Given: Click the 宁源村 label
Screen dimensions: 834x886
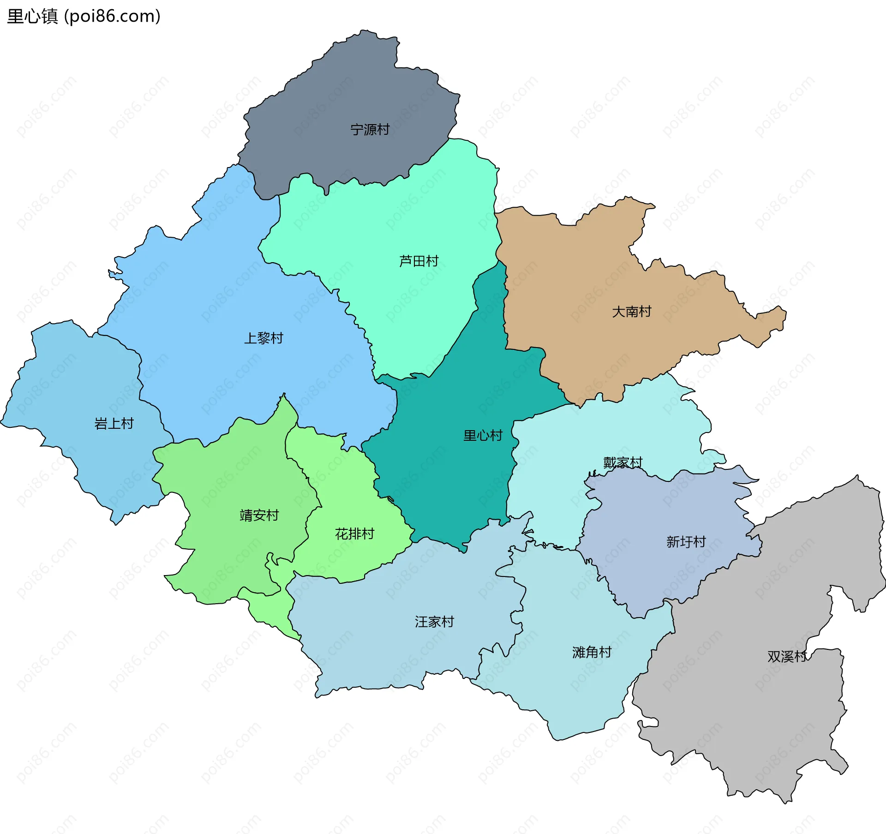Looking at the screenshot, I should coord(370,130).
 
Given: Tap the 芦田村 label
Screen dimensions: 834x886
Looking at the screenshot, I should coord(419,261).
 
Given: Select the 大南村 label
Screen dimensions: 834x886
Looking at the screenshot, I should coord(631,312).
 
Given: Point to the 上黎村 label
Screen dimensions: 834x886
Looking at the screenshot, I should coord(263,338).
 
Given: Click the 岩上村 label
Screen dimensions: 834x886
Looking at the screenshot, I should coord(114,423).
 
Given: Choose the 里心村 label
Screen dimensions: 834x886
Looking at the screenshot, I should coord(483,435).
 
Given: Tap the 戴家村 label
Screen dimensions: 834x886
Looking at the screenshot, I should coord(623,462).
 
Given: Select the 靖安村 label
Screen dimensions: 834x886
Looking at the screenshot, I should coord(259,515).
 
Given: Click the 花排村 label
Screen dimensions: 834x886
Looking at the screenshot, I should coord(354,534).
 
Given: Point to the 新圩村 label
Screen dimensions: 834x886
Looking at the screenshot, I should coord(686,541).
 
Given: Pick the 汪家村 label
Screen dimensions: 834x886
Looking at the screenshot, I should coord(434,622).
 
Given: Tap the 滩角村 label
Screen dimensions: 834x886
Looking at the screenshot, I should coord(592,652).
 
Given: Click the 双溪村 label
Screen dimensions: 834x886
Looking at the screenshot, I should coord(787,656).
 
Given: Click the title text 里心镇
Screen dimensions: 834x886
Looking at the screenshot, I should coord(32,17).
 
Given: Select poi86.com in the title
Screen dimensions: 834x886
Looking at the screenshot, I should coord(113,17).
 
